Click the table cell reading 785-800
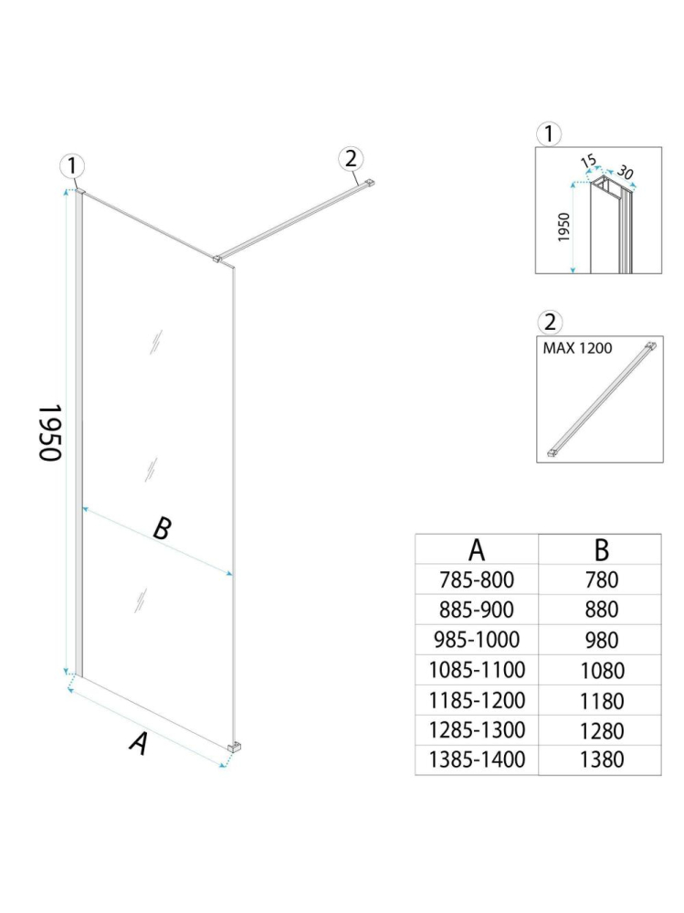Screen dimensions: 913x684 click(x=477, y=579)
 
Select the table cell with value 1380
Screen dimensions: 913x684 click(x=601, y=759)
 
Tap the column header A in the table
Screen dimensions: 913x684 click(x=477, y=549)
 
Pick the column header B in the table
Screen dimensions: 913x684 click(x=601, y=549)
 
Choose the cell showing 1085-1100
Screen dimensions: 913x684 click(x=477, y=670)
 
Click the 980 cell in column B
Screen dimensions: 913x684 click(x=601, y=640)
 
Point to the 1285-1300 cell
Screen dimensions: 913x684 click(x=477, y=730)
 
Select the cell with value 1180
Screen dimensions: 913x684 click(x=601, y=701)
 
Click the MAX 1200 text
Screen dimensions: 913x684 click(x=578, y=348)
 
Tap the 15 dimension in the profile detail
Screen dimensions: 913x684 click(x=589, y=162)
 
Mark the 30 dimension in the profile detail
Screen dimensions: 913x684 click(x=625, y=171)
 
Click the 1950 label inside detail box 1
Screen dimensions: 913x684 click(x=563, y=227)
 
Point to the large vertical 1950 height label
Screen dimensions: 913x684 click(x=49, y=432)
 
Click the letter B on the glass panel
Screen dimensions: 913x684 click(x=161, y=528)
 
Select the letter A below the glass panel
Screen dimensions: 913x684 click(x=138, y=744)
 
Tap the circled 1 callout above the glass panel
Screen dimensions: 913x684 click(x=73, y=166)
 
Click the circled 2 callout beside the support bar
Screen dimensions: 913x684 click(x=350, y=157)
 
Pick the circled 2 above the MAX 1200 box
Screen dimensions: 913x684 click(x=548, y=322)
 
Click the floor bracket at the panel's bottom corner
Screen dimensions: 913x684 click(x=235, y=748)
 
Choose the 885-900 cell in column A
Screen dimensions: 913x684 click(x=477, y=609)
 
